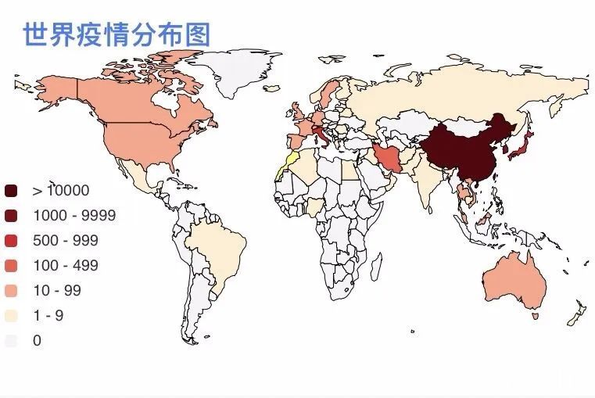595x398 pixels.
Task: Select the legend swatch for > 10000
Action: click(x=11, y=191)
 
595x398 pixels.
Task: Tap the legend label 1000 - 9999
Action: click(x=74, y=216)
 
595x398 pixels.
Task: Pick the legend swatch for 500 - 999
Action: click(x=11, y=241)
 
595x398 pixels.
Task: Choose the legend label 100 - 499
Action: click(x=66, y=266)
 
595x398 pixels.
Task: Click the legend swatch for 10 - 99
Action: click(x=11, y=291)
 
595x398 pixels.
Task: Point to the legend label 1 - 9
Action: click(x=48, y=316)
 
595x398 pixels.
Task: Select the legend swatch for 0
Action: click(x=11, y=341)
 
